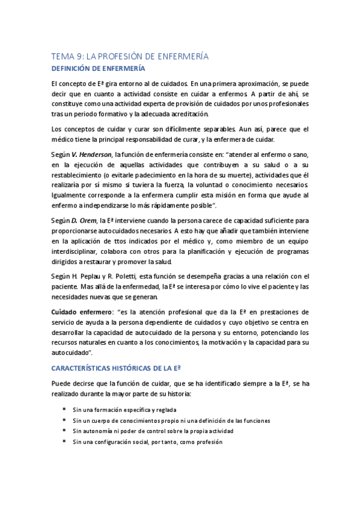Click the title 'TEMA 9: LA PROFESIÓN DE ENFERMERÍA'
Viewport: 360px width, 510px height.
click(130, 55)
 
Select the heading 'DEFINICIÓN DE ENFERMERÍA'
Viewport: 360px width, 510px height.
click(98, 68)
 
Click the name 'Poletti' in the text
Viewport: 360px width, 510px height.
click(123, 276)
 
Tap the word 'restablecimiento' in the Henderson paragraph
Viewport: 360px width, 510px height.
click(79, 176)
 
